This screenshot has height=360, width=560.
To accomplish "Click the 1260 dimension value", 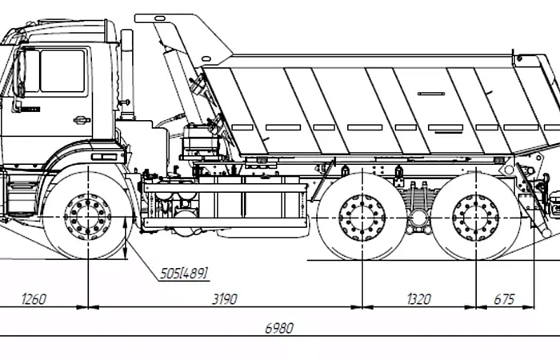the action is (34, 299).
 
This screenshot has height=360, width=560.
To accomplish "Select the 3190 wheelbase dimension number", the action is (225, 299).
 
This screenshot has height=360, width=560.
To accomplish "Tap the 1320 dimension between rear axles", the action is (419, 299).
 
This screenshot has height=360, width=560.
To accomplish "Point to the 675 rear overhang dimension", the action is (504, 299).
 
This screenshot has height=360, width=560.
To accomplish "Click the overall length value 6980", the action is (279, 328).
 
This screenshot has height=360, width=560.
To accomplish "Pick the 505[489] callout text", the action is (183, 274).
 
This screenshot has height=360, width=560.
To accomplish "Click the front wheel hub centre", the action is (88, 217).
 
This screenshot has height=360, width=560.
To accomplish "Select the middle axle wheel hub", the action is (362, 217).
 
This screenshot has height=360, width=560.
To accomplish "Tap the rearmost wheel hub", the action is (476, 217).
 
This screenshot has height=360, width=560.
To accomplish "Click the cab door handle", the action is (82, 120).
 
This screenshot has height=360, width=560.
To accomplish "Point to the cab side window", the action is (63, 71).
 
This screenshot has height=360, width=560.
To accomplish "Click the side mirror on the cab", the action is (20, 74).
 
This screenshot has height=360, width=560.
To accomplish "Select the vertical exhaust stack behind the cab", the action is (127, 74).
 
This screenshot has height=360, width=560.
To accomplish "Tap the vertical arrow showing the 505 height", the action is (125, 238).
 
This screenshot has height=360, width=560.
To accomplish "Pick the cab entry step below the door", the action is (22, 186).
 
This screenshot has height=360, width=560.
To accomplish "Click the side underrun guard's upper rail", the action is (225, 188).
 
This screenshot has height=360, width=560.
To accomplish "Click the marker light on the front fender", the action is (104, 157).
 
